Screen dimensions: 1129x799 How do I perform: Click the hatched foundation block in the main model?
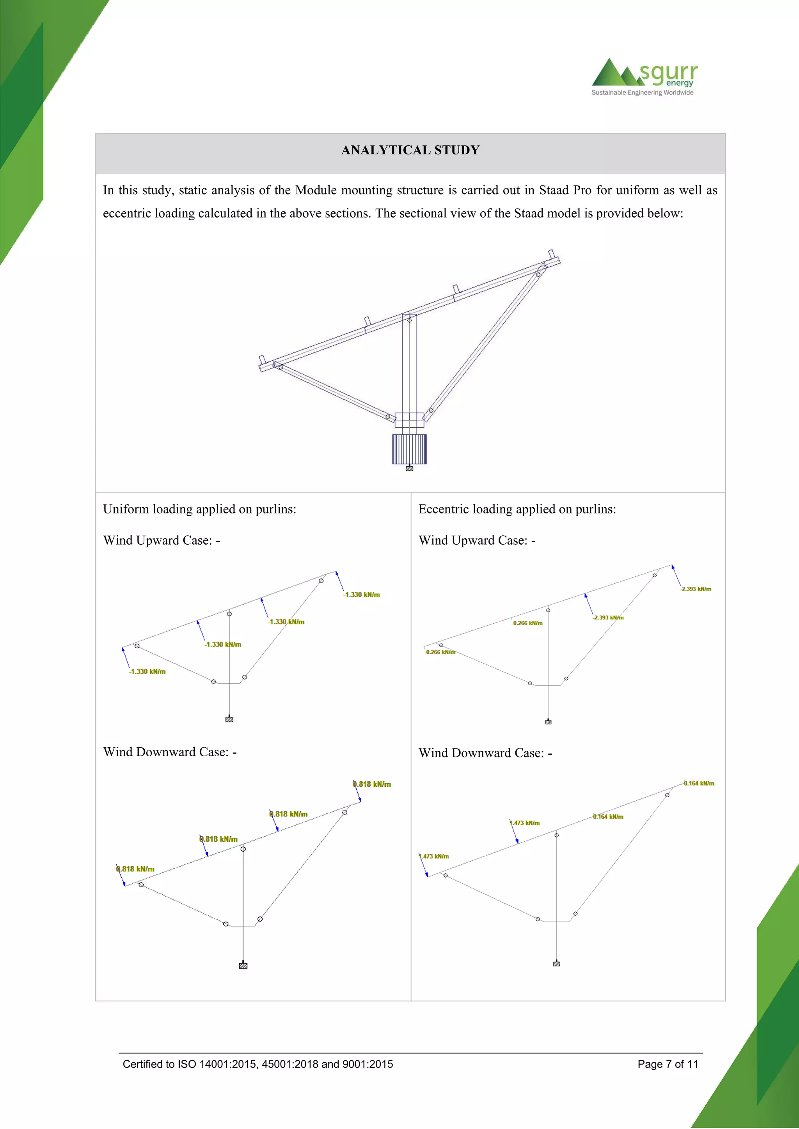[x=409, y=449]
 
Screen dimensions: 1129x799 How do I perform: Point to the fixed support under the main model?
[x=409, y=469]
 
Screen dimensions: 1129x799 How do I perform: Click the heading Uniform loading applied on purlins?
[x=199, y=509]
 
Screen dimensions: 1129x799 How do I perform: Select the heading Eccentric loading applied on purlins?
[x=517, y=509]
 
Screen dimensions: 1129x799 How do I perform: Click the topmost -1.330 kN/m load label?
[x=362, y=595]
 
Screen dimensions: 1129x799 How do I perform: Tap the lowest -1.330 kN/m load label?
[x=147, y=671]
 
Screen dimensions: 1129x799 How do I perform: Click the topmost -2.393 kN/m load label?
[x=696, y=589]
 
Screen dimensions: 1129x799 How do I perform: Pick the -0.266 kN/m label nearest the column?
[x=527, y=623]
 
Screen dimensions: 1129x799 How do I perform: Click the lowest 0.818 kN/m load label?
[x=135, y=869]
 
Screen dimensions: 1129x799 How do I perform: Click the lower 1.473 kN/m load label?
[x=435, y=856]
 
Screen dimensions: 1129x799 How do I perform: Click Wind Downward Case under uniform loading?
[x=170, y=752]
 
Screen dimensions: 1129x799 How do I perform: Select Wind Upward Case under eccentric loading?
[x=477, y=540]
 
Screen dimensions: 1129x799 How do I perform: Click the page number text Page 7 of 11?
[x=668, y=1064]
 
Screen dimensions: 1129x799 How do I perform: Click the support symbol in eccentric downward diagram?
[x=556, y=964]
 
